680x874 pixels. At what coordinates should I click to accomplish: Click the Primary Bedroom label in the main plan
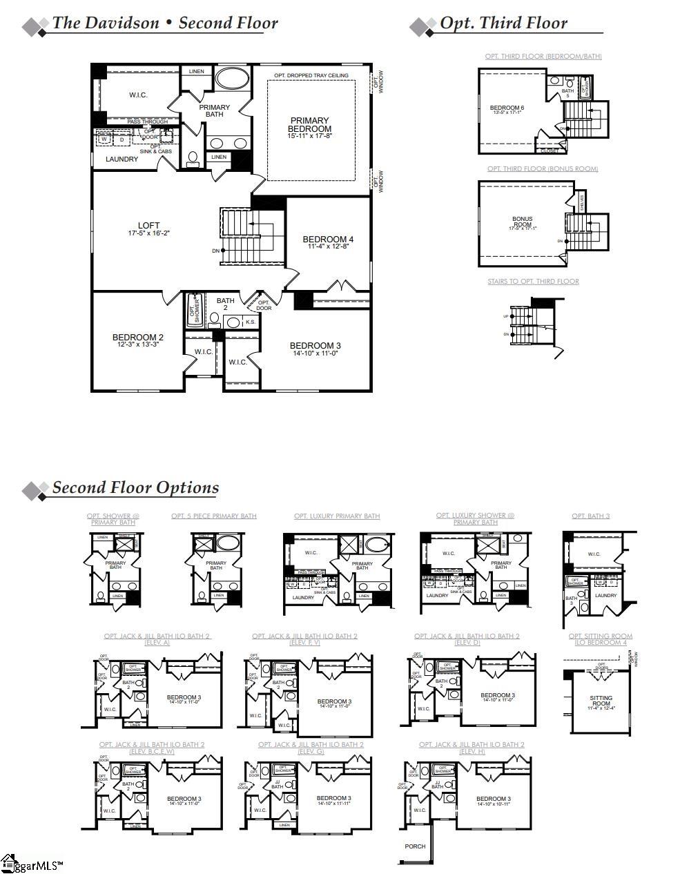pyautogui.click(x=309, y=125)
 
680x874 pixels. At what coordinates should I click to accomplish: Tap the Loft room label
pyautogui.click(x=148, y=226)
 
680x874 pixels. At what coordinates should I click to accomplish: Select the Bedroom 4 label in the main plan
pyautogui.click(x=328, y=240)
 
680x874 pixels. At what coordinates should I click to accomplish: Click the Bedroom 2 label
pyautogui.click(x=138, y=338)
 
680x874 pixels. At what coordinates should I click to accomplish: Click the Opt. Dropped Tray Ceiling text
pyautogui.click(x=311, y=75)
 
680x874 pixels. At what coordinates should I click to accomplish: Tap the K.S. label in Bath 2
pyautogui.click(x=250, y=322)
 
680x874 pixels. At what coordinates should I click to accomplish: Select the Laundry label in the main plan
pyautogui.click(x=122, y=159)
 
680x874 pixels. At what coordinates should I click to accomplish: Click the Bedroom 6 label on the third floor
pyautogui.click(x=507, y=108)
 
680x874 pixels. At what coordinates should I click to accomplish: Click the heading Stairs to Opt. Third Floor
pyautogui.click(x=533, y=282)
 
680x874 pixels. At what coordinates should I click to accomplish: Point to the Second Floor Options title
pyautogui.click(x=135, y=487)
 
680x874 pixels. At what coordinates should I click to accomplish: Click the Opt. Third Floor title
pyautogui.click(x=503, y=23)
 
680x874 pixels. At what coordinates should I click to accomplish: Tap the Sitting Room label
pyautogui.click(x=601, y=701)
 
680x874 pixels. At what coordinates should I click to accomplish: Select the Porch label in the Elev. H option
pyautogui.click(x=415, y=846)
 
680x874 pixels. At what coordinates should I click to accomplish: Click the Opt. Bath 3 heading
pyautogui.click(x=590, y=516)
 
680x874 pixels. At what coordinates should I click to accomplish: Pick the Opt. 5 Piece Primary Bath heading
pyautogui.click(x=214, y=516)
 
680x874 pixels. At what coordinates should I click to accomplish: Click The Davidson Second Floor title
pyautogui.click(x=165, y=23)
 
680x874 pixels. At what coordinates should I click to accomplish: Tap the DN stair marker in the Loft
pyautogui.click(x=217, y=251)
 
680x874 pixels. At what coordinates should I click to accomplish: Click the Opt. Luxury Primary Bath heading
pyautogui.click(x=336, y=516)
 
